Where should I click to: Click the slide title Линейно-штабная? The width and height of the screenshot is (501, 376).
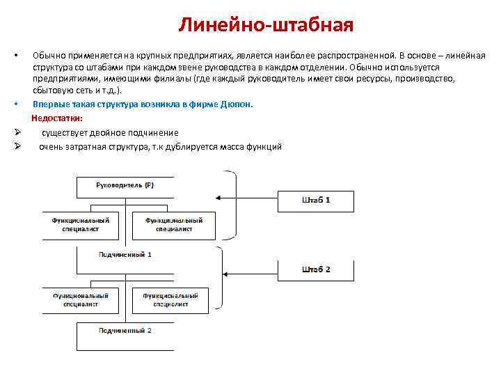[266, 26]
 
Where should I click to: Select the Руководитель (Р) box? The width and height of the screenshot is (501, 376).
[125, 186]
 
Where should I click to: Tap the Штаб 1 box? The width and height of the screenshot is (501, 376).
[316, 201]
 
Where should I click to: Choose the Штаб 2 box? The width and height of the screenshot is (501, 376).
[316, 269]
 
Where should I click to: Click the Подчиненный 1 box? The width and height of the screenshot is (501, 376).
[125, 254]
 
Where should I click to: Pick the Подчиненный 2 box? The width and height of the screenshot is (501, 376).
[125, 329]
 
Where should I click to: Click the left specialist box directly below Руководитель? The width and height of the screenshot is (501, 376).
[79, 224]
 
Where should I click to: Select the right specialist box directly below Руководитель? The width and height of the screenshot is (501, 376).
[173, 224]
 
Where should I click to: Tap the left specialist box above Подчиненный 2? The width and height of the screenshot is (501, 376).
[81, 299]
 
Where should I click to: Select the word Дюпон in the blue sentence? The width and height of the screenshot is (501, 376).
[238, 104]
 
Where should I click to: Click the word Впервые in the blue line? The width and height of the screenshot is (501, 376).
[49, 104]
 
